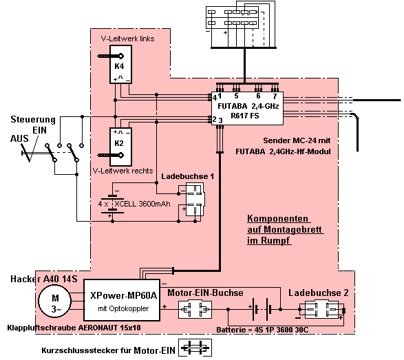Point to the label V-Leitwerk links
point(127,39)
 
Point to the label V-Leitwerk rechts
point(123,171)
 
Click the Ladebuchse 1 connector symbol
point(195,199)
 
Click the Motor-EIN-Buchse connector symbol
point(195,309)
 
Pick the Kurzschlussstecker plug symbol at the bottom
point(195,348)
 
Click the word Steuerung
point(33,120)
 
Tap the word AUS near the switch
point(19,138)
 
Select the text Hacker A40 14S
point(44,279)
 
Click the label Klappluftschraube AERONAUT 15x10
point(74,328)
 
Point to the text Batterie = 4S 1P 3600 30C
point(262,330)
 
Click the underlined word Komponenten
point(278,218)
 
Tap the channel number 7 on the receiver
point(275,96)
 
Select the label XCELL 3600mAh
point(142,204)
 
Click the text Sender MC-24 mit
point(297,140)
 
